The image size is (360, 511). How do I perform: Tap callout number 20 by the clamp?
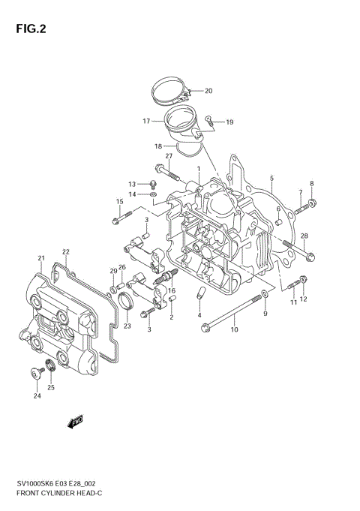pos(208,91)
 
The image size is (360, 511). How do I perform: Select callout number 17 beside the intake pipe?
pos(148,120)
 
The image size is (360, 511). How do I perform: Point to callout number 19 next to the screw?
pos(229,122)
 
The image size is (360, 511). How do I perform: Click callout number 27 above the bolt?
pos(169,156)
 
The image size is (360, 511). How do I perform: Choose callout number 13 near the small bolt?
pos(132,184)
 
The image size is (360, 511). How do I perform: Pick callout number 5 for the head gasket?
pos(271,179)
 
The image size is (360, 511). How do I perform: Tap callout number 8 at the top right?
pos(312,184)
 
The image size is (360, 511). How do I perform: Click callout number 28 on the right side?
pos(304,236)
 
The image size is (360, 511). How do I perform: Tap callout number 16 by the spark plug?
pos(172,290)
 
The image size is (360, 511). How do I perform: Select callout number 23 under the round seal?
pos(127,326)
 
